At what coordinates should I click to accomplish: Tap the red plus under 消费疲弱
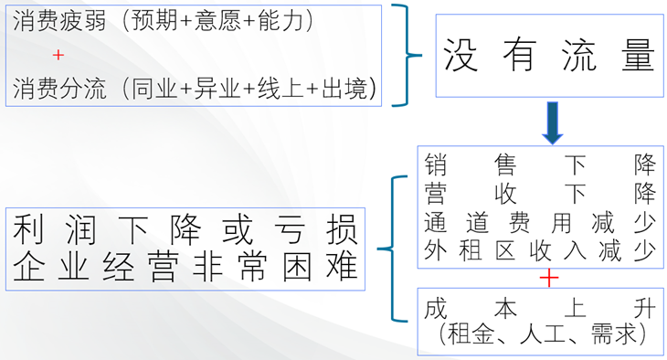pyautogui.click(x=58, y=55)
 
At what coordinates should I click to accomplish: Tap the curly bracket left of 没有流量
pyautogui.click(x=407, y=55)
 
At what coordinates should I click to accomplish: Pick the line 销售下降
pyautogui.click(x=539, y=166)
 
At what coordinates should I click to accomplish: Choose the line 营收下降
pyautogui.click(x=539, y=194)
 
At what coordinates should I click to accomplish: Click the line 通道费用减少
pyautogui.click(x=539, y=222)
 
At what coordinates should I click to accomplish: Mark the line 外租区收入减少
pyautogui.click(x=539, y=250)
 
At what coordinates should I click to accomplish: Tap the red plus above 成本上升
pyautogui.click(x=548, y=278)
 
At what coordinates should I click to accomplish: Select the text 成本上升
pyautogui.click(x=539, y=309)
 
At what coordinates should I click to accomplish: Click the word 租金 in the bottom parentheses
pyautogui.click(x=476, y=334)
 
